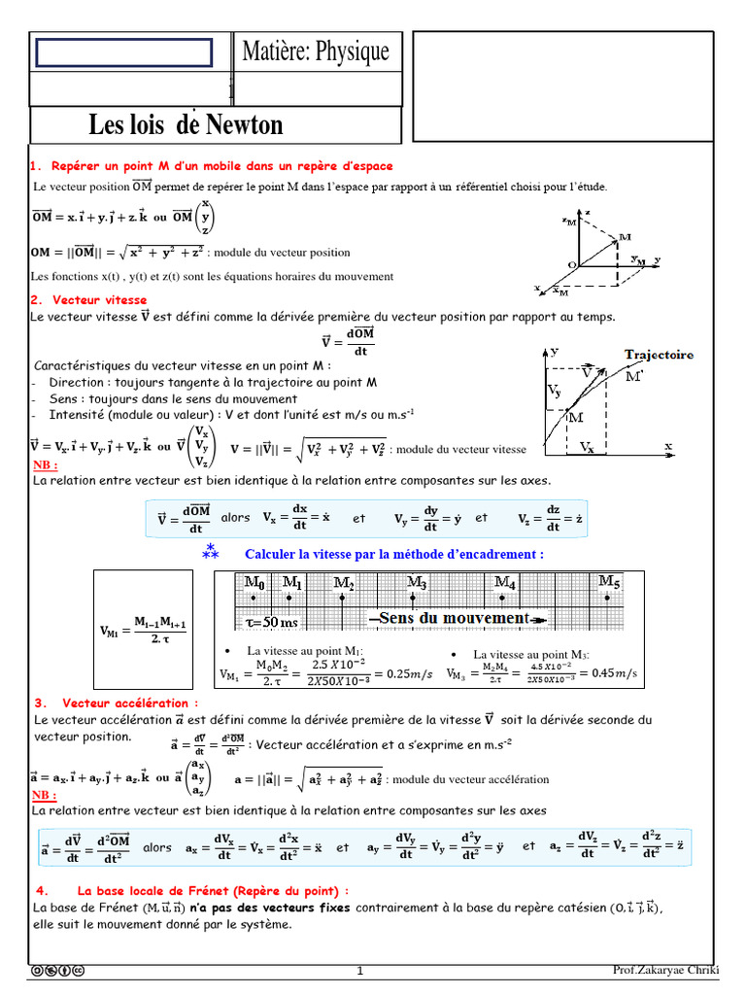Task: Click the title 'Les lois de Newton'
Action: coord(186,124)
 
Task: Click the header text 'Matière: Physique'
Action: coord(316,52)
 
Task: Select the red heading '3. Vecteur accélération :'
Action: coord(116,703)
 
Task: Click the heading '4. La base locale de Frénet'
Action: coord(191,890)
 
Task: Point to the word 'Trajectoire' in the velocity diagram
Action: coord(659,355)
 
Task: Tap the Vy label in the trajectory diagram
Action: coord(554,391)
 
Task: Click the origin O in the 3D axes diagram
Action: coord(572,263)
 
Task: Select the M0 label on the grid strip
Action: coord(254,583)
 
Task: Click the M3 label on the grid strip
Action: coord(417,583)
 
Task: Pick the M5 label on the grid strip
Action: coord(609,581)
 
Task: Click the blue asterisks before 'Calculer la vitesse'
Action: coord(211,552)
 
